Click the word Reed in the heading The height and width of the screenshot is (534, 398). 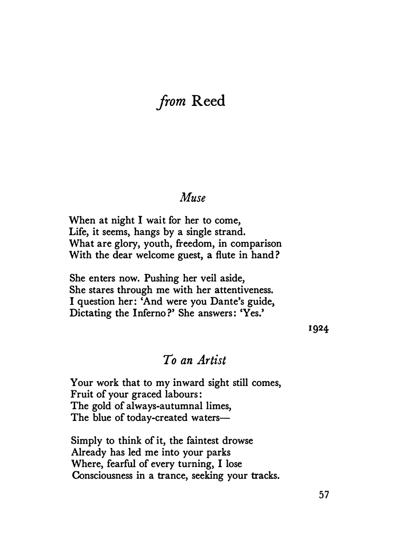point(209,102)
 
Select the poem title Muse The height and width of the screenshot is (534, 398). point(194,198)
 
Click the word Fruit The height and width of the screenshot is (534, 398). point(81,394)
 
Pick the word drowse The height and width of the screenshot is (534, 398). point(233,441)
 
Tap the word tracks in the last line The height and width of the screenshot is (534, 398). point(264,476)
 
